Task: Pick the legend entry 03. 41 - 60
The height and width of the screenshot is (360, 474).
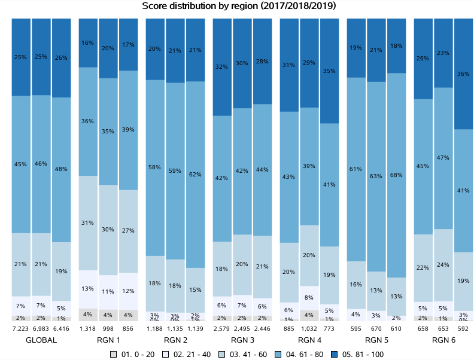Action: point(245,354)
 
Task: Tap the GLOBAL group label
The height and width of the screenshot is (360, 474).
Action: point(41,340)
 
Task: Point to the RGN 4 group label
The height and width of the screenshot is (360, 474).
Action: point(309,340)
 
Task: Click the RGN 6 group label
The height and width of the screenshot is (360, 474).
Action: point(443,340)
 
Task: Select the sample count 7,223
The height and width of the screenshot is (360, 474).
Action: point(21,329)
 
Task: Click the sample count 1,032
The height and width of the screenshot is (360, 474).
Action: point(309,329)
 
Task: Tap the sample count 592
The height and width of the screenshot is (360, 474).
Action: point(464,329)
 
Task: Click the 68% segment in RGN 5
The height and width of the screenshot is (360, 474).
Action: point(396,175)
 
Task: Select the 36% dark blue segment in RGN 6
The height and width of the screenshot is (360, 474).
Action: point(464,74)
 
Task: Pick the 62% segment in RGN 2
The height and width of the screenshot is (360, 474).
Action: point(195,175)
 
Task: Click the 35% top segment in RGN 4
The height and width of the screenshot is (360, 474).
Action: point(329,71)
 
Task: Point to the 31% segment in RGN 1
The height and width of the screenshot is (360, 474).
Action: point(88,223)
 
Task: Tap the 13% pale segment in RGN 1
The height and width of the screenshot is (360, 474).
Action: point(88,289)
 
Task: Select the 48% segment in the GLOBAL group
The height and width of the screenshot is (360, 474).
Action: point(62,169)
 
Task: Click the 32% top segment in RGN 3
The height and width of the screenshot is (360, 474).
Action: point(222,67)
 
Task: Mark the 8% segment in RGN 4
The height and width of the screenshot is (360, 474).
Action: point(309,297)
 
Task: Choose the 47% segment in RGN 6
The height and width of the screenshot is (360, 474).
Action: point(443,158)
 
